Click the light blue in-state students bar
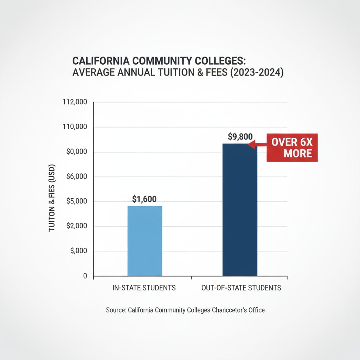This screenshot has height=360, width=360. [144, 241]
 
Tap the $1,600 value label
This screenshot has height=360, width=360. [144, 199]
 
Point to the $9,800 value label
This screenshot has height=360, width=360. [240, 137]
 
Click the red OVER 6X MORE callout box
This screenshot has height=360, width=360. [292, 148]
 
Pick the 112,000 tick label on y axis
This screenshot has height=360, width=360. [75, 102]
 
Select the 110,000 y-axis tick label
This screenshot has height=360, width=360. [75, 127]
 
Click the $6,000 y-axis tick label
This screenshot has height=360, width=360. [77, 177]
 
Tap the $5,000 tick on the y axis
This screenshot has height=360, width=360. [77, 201]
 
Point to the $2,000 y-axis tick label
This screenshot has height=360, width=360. [77, 226]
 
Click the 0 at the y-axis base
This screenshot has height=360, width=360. [85, 276]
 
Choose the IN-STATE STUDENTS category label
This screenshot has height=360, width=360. [144, 288]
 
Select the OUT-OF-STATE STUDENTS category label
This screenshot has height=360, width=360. [241, 288]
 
